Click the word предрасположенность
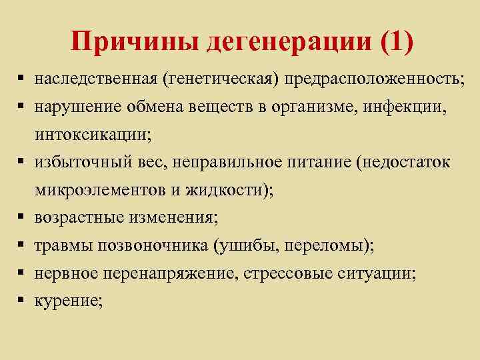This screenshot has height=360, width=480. (374, 79)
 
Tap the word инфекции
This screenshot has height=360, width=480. (405, 107)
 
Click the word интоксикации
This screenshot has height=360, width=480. (91, 134)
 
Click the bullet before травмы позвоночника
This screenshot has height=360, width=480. (22, 245)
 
